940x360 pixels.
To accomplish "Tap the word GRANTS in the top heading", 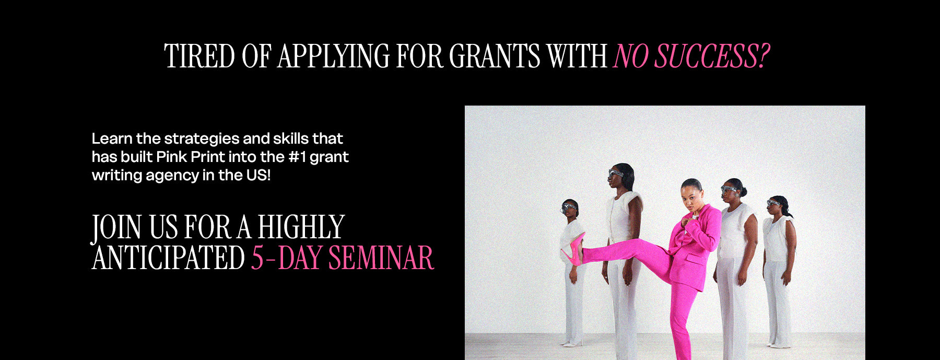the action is coord(495,56).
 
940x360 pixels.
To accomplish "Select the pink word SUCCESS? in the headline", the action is coord(712,56).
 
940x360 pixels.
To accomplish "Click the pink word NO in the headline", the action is coord(631,56).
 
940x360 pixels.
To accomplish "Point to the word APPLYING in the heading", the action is coord(333,56).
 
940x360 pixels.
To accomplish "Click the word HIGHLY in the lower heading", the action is coord(301,227).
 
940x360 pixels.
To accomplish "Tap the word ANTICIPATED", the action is coord(169,258).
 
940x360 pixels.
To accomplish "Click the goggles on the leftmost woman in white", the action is coord(569,207).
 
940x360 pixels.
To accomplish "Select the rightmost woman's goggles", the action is coord(773,203).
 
